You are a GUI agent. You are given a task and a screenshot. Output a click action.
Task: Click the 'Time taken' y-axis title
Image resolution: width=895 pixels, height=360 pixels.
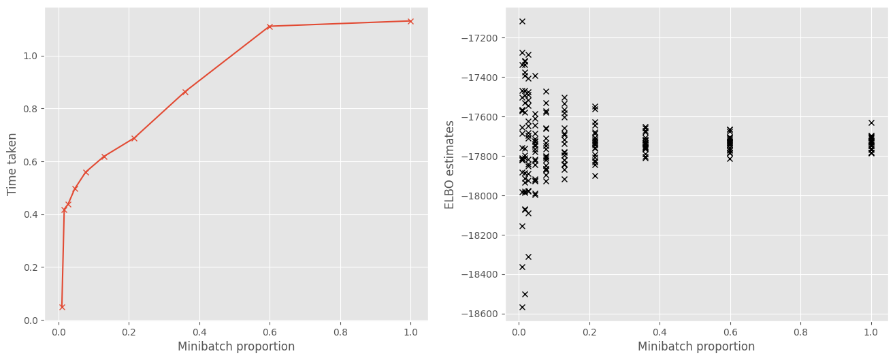(12, 163)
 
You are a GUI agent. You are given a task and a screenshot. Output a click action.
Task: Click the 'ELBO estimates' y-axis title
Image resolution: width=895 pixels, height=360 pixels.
(450, 164)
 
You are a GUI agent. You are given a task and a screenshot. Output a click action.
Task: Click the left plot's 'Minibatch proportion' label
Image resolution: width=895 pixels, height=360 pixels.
(236, 346)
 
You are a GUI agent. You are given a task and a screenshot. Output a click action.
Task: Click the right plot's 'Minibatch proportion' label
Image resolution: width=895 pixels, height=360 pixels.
(696, 346)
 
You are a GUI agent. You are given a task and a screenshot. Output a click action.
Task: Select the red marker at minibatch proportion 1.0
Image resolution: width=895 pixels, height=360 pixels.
(410, 21)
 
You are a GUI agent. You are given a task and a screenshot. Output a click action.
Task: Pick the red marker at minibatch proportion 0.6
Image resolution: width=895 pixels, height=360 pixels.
(270, 27)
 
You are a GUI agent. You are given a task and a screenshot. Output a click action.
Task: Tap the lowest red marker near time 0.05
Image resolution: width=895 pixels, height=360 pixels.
(62, 307)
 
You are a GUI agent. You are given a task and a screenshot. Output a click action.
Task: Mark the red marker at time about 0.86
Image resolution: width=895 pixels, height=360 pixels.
(185, 92)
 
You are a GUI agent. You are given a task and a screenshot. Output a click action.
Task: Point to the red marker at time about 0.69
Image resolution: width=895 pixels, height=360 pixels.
(134, 138)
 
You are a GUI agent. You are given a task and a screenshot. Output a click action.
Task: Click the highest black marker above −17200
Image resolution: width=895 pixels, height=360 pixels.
(522, 21)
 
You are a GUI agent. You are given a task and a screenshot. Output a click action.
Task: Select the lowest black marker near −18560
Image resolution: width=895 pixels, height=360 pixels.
(522, 307)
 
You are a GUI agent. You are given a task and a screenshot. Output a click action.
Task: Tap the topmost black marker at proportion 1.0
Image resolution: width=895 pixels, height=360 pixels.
(871, 122)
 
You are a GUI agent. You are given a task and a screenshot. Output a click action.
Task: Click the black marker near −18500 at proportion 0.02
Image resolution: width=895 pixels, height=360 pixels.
(525, 294)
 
